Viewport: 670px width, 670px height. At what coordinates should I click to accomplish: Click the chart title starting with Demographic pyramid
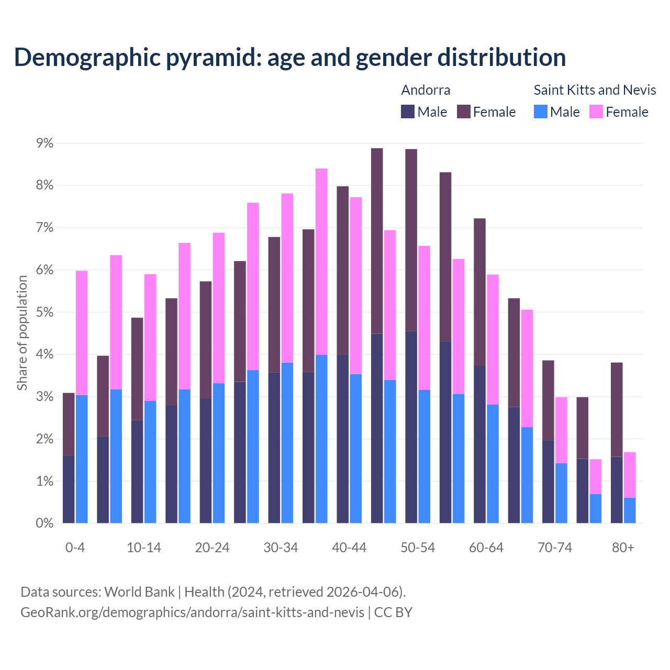point(290,57)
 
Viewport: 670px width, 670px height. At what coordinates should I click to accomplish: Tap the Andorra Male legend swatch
point(408,111)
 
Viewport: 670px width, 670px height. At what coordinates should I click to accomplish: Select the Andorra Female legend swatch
point(464,111)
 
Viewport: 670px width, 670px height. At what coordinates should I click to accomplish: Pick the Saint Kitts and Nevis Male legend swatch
point(541,111)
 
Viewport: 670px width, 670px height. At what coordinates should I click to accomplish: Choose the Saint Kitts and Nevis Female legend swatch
point(596,111)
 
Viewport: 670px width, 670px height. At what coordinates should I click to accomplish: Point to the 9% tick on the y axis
point(44,143)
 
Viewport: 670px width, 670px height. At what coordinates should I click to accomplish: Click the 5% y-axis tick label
point(44,312)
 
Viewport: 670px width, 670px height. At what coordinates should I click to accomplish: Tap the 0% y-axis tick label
point(44,523)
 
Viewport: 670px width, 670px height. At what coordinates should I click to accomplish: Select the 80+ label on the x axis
point(623,548)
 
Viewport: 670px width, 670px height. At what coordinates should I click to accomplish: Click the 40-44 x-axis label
point(349,548)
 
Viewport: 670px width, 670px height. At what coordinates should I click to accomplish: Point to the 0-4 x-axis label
point(75,548)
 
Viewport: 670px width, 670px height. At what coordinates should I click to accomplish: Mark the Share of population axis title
point(23,333)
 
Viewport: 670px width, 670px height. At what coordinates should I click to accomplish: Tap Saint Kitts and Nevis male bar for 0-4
point(82,459)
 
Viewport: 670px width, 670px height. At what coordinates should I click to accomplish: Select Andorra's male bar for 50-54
point(411,427)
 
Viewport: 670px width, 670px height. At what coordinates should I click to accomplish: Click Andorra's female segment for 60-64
point(479,292)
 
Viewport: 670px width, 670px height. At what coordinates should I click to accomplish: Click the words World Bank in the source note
point(139,592)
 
